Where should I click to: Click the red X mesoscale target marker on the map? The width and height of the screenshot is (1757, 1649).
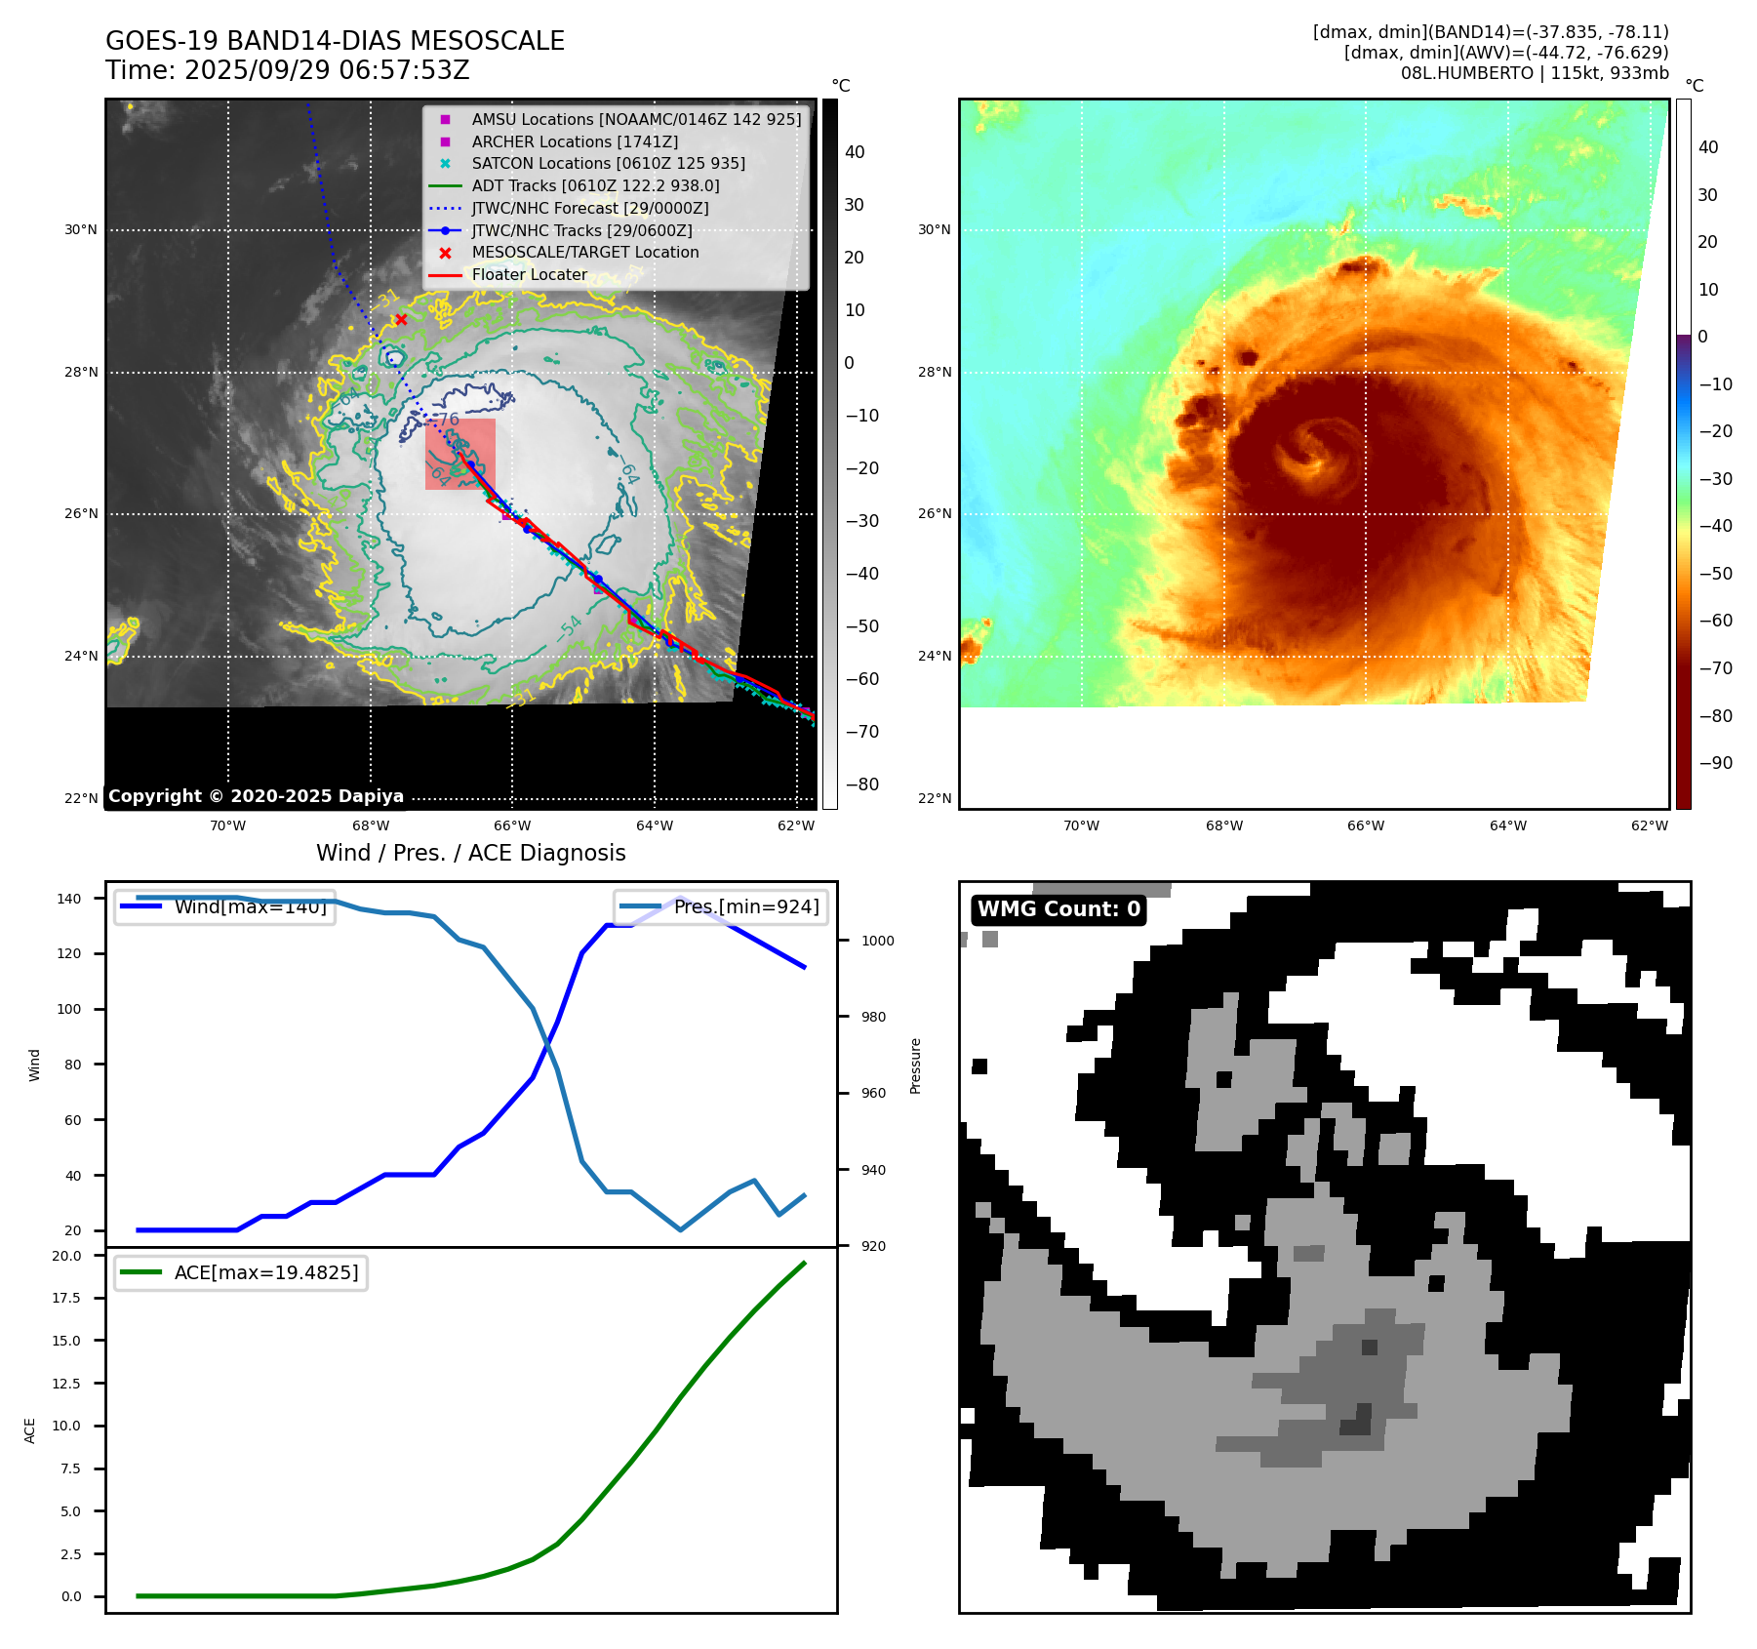click(401, 320)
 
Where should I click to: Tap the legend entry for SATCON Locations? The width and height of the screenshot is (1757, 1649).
click(608, 164)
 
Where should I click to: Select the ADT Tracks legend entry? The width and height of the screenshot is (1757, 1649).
click(595, 186)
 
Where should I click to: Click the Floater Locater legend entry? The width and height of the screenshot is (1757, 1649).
click(529, 275)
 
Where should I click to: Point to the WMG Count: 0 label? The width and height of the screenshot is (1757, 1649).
click(1058, 909)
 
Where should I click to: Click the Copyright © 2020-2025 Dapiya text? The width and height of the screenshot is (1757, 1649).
click(256, 796)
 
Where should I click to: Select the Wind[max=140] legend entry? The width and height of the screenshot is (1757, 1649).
click(250, 907)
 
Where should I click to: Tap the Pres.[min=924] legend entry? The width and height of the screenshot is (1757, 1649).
click(746, 907)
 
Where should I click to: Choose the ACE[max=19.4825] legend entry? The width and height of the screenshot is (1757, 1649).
click(265, 1273)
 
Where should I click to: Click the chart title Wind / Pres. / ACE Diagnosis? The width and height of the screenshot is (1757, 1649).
click(470, 854)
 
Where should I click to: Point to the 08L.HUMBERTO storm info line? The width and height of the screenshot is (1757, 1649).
click(1534, 74)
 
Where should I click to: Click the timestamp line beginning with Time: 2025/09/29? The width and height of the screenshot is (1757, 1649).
click(288, 71)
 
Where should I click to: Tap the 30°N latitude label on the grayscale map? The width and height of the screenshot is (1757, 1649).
click(81, 230)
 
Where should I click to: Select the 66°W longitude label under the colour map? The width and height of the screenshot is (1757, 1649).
click(1366, 826)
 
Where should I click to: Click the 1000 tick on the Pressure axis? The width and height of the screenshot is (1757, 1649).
click(877, 942)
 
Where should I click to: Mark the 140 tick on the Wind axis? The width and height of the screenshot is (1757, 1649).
click(69, 899)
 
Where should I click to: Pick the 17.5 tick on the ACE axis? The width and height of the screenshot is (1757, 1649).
click(66, 1299)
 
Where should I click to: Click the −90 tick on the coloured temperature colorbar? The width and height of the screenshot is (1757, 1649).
click(1715, 763)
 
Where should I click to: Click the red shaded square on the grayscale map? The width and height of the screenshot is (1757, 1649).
click(460, 455)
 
